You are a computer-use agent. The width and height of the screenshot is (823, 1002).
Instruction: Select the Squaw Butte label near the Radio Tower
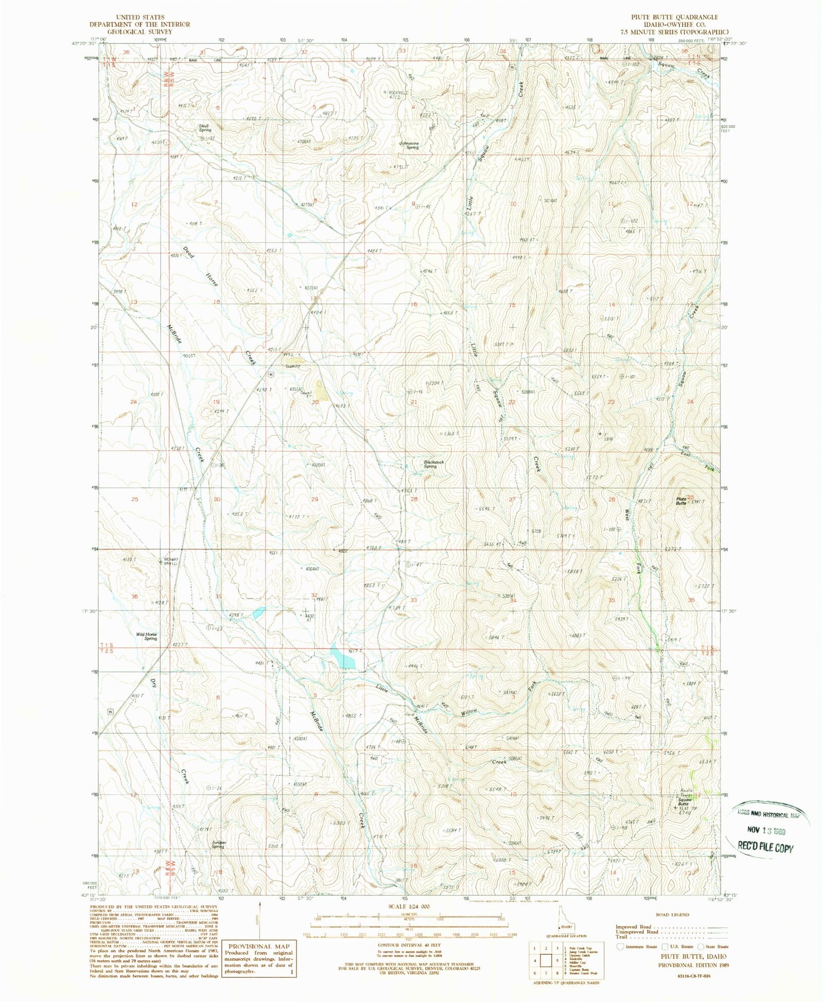(x=683, y=802)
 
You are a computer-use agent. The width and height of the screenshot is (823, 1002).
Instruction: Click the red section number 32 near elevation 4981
(x=314, y=595)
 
